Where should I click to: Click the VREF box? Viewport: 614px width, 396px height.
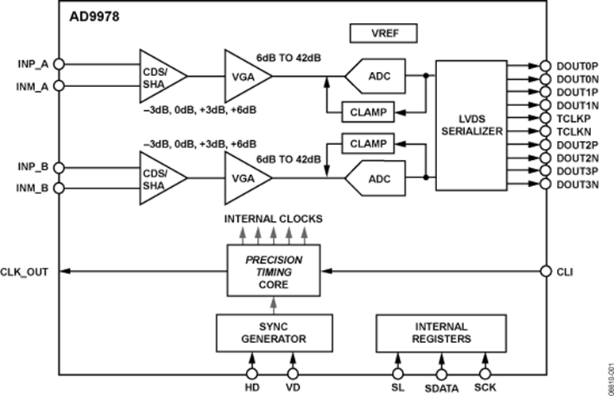pyautogui.click(x=383, y=33)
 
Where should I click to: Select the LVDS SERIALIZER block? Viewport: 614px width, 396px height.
pyautogui.click(x=471, y=125)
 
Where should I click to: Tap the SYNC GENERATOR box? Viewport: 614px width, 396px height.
pyautogui.click(x=274, y=333)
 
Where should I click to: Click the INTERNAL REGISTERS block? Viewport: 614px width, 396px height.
pyautogui.click(x=441, y=333)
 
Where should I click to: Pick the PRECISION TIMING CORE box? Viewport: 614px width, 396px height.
pyautogui.click(x=274, y=271)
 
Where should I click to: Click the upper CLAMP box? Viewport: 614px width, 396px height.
pyautogui.click(x=368, y=112)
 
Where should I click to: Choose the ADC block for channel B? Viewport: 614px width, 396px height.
pyautogui.click(x=375, y=178)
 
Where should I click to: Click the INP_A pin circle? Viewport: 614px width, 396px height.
pyautogui.click(x=59, y=63)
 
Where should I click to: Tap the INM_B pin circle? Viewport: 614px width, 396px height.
pyautogui.click(x=59, y=188)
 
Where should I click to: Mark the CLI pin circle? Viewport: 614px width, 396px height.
pyautogui.click(x=546, y=271)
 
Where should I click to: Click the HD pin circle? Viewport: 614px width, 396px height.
pyautogui.click(x=252, y=374)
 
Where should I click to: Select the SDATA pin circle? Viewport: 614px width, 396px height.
pyautogui.click(x=441, y=375)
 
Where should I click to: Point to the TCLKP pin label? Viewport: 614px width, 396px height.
pyautogui.click(x=574, y=119)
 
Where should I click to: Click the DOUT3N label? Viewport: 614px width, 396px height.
pyautogui.click(x=578, y=184)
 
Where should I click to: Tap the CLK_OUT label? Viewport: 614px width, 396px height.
pyautogui.click(x=25, y=272)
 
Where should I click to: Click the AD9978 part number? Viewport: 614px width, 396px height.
pyautogui.click(x=94, y=17)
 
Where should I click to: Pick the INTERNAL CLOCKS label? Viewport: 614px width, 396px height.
pyautogui.click(x=274, y=219)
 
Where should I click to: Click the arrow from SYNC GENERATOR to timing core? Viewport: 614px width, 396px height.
pyautogui.click(x=274, y=305)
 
